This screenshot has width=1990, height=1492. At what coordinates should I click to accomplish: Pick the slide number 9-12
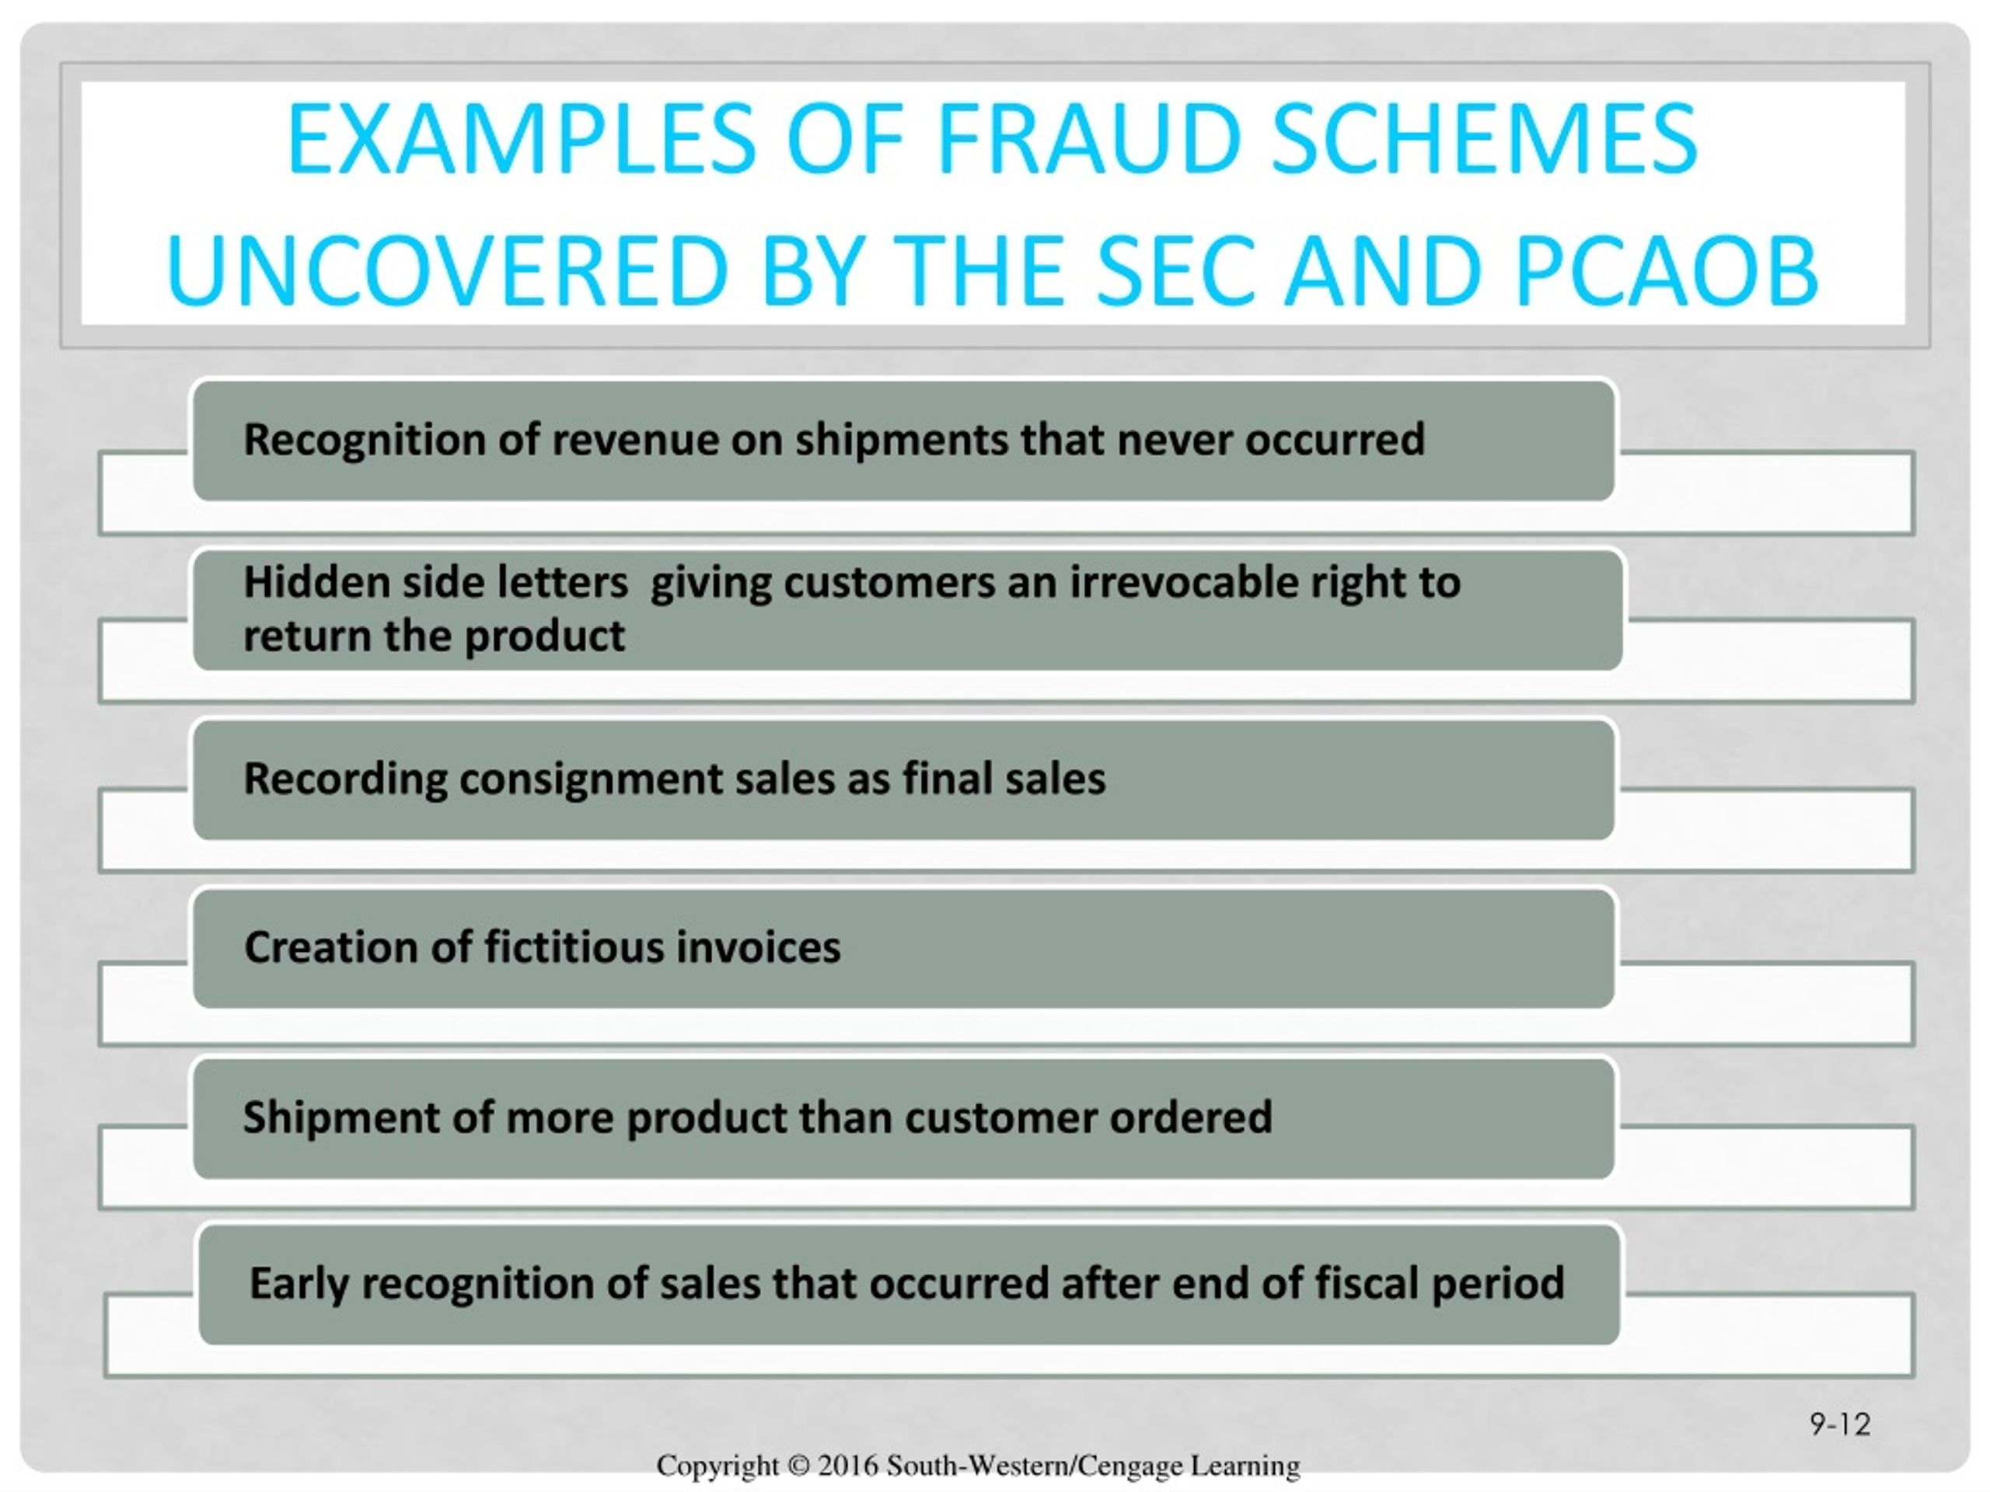coord(1840,1424)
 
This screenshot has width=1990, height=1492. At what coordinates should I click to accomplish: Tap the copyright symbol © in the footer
coord(798,1465)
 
